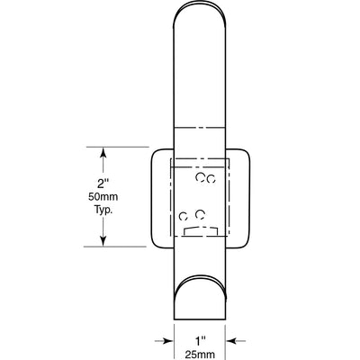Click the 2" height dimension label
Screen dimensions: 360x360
[103, 184]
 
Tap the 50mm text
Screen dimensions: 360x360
[103, 197]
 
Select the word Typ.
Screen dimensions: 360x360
[103, 210]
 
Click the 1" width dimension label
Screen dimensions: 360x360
[200, 341]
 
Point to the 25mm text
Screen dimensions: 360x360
[200, 355]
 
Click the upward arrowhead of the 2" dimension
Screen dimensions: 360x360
[103, 152]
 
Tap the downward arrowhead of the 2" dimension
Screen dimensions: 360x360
[103, 241]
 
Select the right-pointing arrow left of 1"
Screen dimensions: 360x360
[164, 341]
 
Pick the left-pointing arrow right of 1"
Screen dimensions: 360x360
[236, 341]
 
